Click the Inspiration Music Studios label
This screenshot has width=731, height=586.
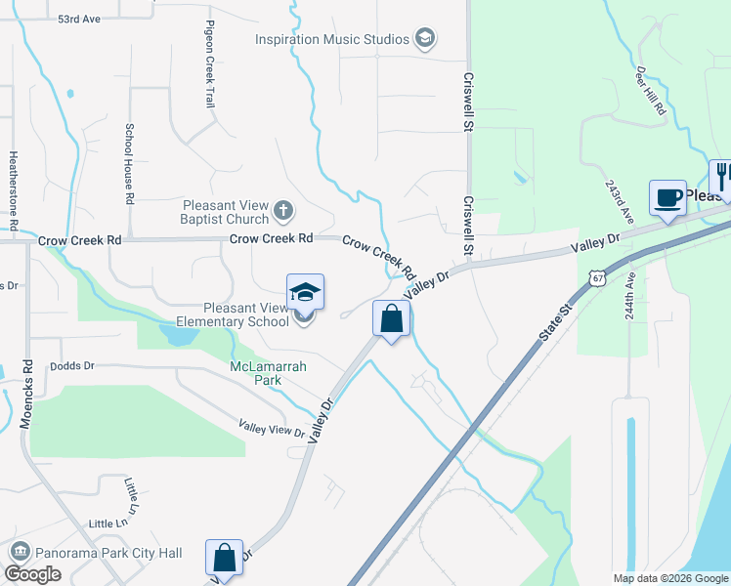point(331,40)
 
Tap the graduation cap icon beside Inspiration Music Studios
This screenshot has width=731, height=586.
point(424,39)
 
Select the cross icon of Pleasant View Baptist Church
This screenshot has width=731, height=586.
point(283,210)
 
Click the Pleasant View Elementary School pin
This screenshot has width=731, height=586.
point(305,294)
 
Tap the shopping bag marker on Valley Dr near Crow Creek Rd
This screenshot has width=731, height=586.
point(391,319)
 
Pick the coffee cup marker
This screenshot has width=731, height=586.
point(668,197)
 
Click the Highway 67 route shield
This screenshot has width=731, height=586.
point(597,278)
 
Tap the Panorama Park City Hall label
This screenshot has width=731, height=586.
point(108,553)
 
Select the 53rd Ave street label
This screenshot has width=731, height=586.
point(79,19)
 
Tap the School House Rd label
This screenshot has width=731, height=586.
point(128,163)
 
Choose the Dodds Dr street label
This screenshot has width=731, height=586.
point(77,365)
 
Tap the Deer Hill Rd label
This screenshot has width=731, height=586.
point(652,93)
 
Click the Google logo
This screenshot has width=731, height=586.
point(33,574)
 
